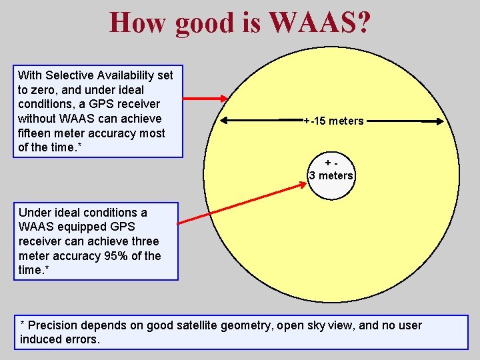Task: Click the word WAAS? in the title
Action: pos(320,22)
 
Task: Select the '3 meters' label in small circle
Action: pos(331,176)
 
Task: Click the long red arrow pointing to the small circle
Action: pos(243,203)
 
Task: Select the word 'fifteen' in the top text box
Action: pos(34,133)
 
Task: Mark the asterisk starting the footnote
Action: pos(23,325)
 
